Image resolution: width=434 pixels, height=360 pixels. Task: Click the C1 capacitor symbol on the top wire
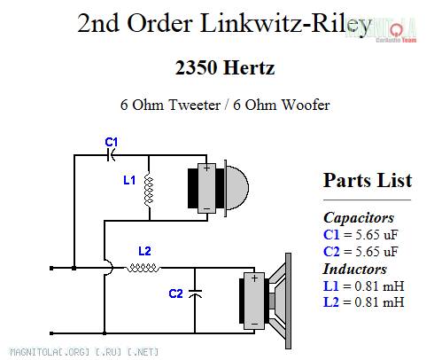point(111,154)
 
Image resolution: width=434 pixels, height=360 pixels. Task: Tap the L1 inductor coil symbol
point(149,190)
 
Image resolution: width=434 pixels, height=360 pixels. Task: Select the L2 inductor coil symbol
point(143,268)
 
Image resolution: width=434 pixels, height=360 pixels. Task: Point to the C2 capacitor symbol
point(195,293)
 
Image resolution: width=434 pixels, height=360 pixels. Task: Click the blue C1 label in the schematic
point(112,142)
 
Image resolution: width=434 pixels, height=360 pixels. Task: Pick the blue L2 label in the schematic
point(144,251)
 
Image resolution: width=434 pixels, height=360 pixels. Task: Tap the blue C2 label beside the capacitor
point(175,293)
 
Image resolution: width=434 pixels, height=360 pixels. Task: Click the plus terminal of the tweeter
point(206,168)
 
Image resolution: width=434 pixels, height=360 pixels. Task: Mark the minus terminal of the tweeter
point(207,208)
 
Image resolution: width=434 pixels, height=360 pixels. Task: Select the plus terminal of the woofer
point(254,278)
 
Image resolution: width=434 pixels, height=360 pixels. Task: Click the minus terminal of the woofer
point(254,324)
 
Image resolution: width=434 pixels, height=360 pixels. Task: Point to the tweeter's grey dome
point(237,188)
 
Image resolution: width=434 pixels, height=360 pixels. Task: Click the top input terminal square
point(51,268)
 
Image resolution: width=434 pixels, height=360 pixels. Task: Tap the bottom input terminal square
point(51,333)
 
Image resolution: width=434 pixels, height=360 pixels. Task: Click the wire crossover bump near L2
point(110,268)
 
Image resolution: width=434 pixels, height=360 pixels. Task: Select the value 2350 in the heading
point(196,67)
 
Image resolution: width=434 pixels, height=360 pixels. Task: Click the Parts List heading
point(368,180)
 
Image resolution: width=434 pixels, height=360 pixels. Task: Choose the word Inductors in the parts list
point(355,269)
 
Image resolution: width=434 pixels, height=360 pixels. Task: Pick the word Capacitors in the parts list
point(359,218)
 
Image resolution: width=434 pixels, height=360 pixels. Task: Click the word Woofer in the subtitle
point(306,105)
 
